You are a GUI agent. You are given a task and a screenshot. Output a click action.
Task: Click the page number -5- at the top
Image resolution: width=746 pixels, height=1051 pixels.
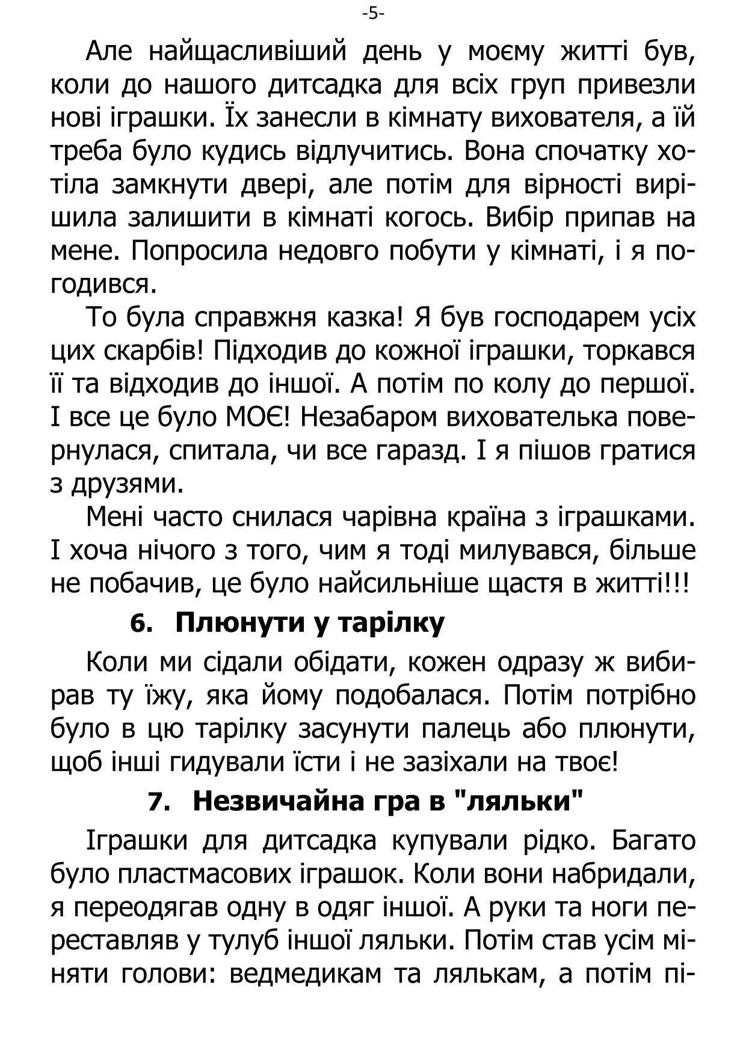(373, 14)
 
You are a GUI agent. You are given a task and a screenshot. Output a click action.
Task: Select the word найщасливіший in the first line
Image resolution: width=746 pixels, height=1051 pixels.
(247, 52)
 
